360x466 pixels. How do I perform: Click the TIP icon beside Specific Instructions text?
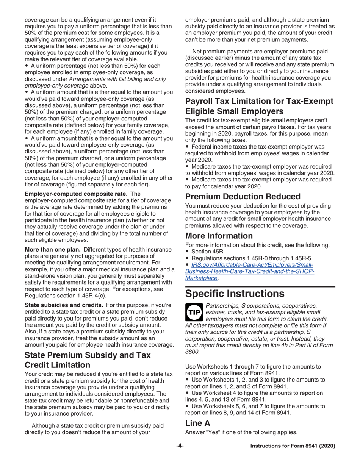(x=194, y=311)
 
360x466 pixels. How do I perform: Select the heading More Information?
(x=219, y=236)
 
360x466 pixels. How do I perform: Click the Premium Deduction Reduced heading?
(x=243, y=196)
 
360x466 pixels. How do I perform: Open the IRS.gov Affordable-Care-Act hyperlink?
(x=249, y=271)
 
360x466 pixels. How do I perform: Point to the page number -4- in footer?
(x=180, y=446)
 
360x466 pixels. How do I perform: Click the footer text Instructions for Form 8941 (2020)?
(x=293, y=446)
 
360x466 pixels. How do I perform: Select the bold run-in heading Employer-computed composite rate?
(x=76, y=194)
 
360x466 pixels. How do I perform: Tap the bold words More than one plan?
(x=53, y=250)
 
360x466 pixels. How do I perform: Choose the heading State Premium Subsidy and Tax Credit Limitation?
(x=88, y=360)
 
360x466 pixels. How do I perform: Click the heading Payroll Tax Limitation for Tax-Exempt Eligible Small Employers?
(x=259, y=106)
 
